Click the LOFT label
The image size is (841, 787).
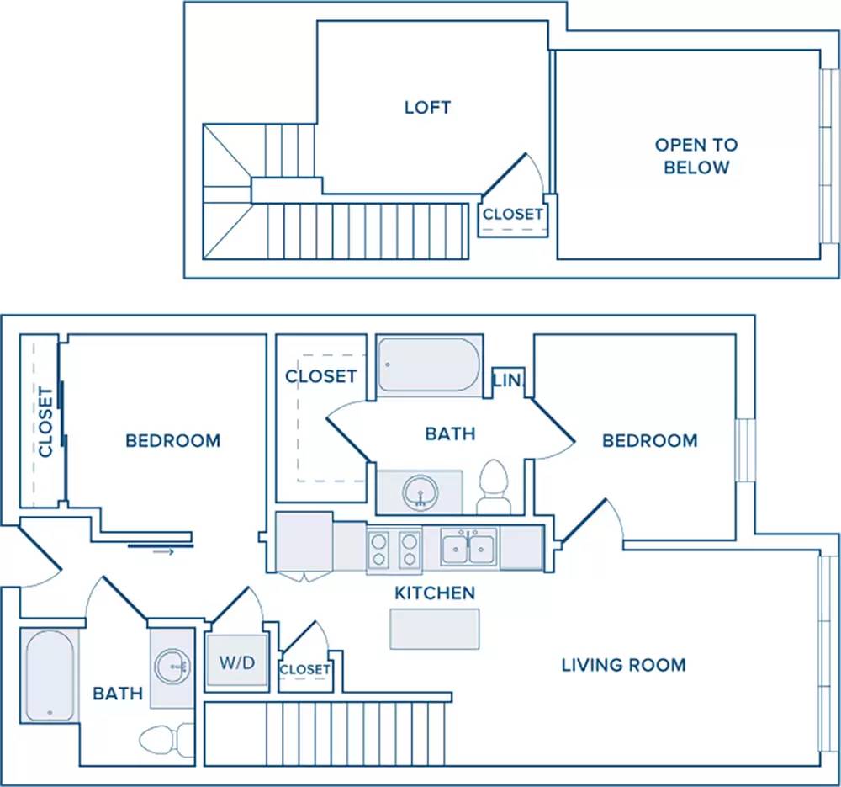427,108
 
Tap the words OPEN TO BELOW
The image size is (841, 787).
696,156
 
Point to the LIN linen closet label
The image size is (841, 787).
506,380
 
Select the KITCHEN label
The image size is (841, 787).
435,593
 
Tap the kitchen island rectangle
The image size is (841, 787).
435,629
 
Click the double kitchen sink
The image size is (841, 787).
468,547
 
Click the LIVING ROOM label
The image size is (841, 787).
624,665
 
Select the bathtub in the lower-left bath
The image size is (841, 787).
50,675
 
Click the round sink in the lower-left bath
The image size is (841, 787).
172,666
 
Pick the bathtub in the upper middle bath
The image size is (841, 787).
429,365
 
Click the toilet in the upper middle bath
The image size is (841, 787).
494,487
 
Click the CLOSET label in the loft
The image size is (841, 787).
513,214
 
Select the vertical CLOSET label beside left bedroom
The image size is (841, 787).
46,422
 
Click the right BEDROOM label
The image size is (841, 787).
649,441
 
